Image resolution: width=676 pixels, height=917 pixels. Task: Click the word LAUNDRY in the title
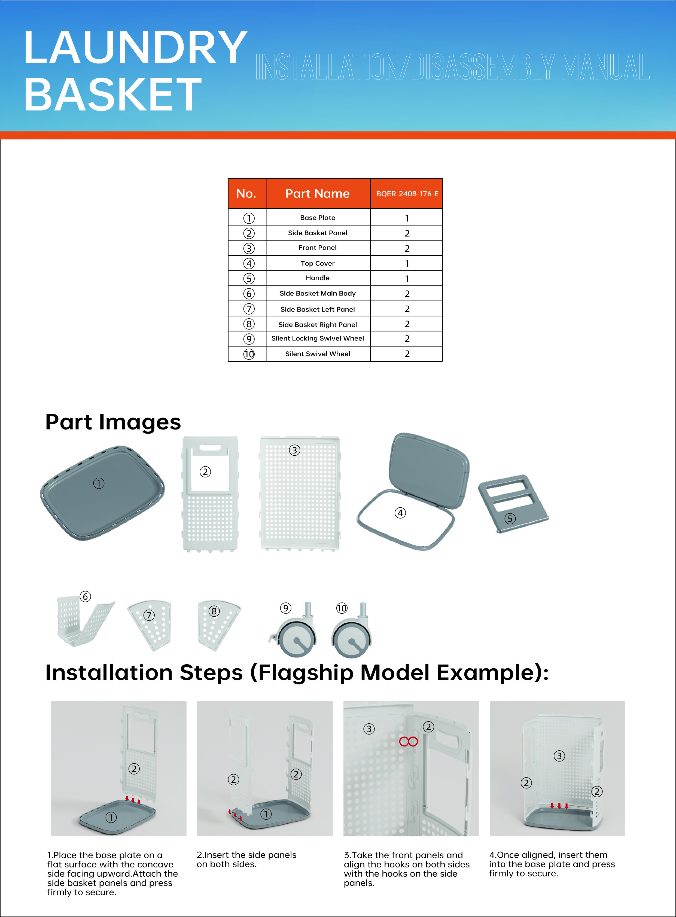[135, 48]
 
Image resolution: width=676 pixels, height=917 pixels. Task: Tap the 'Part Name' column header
[318, 194]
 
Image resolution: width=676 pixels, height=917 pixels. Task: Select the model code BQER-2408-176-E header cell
[407, 194]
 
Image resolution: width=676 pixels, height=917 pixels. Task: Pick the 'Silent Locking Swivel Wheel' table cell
[318, 339]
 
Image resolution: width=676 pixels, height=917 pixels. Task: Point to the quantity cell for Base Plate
[407, 218]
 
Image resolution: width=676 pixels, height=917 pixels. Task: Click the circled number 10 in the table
[249, 354]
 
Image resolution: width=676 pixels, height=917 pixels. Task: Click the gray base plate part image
[102, 493]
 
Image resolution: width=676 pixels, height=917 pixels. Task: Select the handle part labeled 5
[513, 503]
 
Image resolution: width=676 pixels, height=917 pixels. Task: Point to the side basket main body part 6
[84, 622]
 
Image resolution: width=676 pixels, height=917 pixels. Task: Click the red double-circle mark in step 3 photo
[408, 741]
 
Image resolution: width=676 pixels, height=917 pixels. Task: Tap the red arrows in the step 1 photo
[133, 799]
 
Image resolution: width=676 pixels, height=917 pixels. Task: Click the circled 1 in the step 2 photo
[266, 814]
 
